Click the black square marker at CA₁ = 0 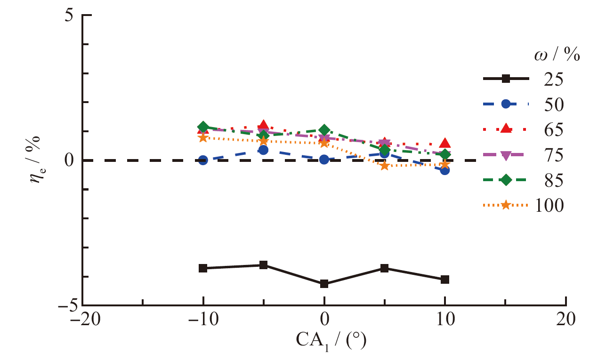324,284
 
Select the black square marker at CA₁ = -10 203,268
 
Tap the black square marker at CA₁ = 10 445,280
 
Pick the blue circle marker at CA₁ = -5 264,150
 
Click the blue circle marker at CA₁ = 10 445,170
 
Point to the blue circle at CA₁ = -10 203,160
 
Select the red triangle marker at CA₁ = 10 445,144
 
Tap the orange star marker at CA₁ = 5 385,165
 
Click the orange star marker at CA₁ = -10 203,137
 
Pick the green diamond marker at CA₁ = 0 324,130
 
